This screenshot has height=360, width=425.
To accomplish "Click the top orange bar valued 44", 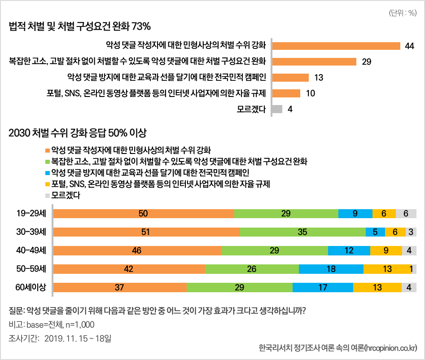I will (336, 46).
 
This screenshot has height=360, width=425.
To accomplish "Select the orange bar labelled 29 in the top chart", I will (314, 61).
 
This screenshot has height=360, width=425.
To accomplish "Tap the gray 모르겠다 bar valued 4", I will (277, 109).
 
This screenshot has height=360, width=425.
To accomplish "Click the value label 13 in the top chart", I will (319, 78).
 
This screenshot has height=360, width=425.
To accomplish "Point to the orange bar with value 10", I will (286, 93).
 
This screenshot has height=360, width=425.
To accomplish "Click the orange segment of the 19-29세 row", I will (144, 214).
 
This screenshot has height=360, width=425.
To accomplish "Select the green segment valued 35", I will (302, 232).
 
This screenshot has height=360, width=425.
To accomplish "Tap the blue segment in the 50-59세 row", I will (331, 269).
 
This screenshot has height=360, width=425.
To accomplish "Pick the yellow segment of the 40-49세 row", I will (386, 250).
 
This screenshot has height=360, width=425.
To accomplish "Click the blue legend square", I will (47, 172).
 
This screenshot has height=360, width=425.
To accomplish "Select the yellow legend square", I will (47, 184).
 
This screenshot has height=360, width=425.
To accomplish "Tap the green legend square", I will (47, 161).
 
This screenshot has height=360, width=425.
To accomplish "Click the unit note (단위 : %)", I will (403, 13).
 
